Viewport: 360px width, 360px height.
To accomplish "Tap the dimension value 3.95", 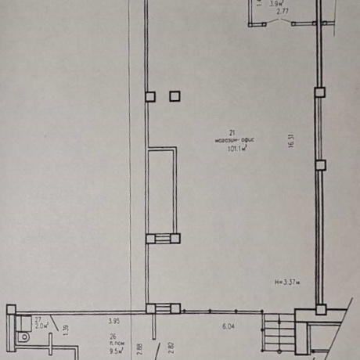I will [x=113, y=321].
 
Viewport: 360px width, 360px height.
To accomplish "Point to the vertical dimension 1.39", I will [x=66, y=329].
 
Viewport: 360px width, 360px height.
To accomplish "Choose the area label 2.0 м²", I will [x=41, y=326].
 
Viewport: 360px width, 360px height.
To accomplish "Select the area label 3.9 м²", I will [x=275, y=5].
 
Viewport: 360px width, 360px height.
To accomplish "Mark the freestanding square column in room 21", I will [x=174, y=96].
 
